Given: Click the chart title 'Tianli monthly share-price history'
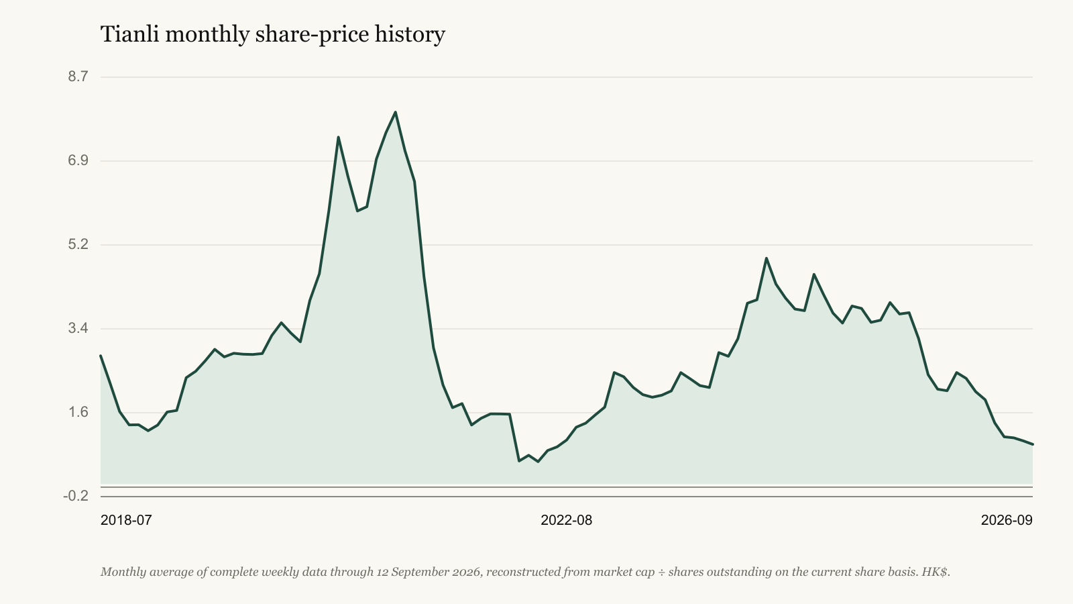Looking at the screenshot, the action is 272,34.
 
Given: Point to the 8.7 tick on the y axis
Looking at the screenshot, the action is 78,77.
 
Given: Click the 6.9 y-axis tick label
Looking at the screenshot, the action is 78,160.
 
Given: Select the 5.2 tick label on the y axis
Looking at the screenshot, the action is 78,244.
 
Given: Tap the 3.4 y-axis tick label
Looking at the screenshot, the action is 78,328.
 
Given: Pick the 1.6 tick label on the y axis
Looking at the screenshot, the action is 78,412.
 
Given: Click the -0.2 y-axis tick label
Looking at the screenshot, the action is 76,496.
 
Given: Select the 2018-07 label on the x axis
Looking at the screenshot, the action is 126,520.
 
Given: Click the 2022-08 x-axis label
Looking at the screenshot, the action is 566,520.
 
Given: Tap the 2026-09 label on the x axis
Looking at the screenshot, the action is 1007,520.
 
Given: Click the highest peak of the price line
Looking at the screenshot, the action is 395,112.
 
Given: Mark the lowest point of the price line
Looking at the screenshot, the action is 538,462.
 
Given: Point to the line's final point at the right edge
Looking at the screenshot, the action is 1032,444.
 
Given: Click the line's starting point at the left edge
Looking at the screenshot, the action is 101,356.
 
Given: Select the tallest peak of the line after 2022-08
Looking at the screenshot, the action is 767,258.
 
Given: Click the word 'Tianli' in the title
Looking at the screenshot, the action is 129,34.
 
